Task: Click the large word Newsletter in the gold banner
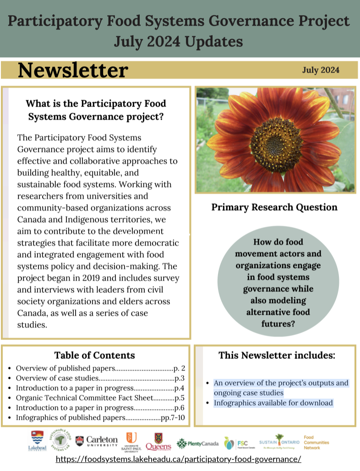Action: pos(73,70)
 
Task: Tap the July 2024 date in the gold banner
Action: pos(321,70)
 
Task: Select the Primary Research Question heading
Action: pos(274,207)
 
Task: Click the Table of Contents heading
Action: pos(94,355)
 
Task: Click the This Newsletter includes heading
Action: pos(277,355)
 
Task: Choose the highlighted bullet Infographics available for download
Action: pos(273,403)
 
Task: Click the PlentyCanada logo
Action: pos(197,443)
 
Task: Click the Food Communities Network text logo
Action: pos(316,442)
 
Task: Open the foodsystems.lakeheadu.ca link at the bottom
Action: pos(178,459)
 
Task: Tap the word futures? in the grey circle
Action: pos(278,323)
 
